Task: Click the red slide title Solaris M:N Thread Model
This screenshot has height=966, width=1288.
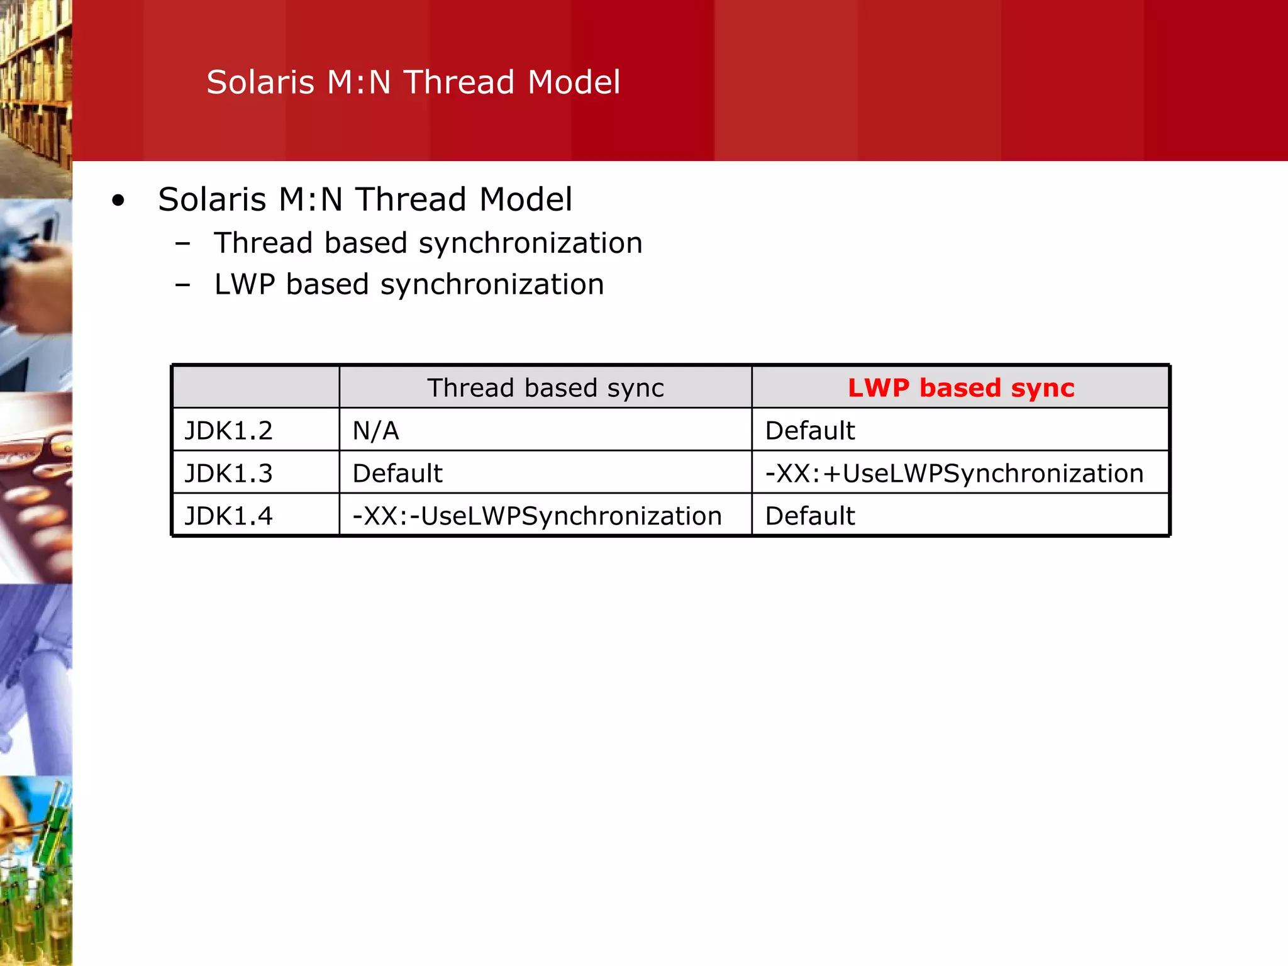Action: point(413,82)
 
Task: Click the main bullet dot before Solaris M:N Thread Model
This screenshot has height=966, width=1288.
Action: point(118,201)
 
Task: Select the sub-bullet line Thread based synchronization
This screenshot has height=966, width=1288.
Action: point(428,243)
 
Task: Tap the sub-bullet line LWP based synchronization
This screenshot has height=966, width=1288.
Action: point(409,284)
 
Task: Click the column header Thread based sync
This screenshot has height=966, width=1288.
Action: point(545,388)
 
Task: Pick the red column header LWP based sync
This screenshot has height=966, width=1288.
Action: point(960,388)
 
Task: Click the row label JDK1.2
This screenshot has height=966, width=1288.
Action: point(229,431)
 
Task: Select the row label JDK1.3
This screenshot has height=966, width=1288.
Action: point(229,474)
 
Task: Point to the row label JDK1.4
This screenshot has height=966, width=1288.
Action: point(229,516)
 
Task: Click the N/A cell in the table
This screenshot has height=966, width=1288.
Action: point(376,431)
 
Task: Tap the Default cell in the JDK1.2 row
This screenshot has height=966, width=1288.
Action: point(810,431)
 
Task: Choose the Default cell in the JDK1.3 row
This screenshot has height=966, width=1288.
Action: point(397,474)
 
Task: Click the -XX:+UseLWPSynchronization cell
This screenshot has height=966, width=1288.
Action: point(954,474)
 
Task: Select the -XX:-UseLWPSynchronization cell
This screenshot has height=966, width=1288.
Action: point(537,516)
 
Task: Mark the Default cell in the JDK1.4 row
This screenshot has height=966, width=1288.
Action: point(810,516)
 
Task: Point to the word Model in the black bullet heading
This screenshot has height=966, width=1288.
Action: point(526,200)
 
